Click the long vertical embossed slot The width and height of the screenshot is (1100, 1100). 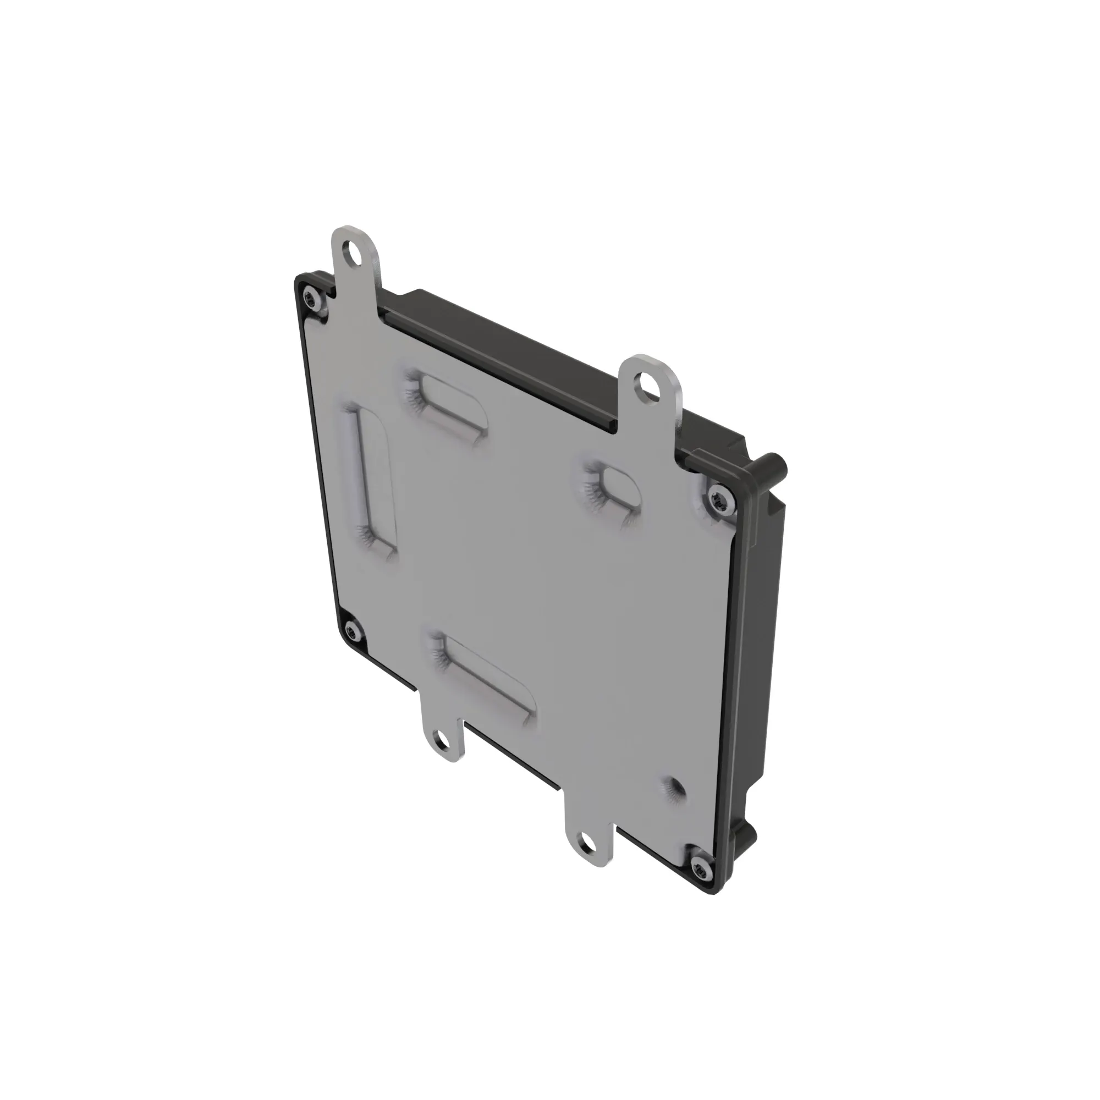pyautogui.click(x=373, y=479)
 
